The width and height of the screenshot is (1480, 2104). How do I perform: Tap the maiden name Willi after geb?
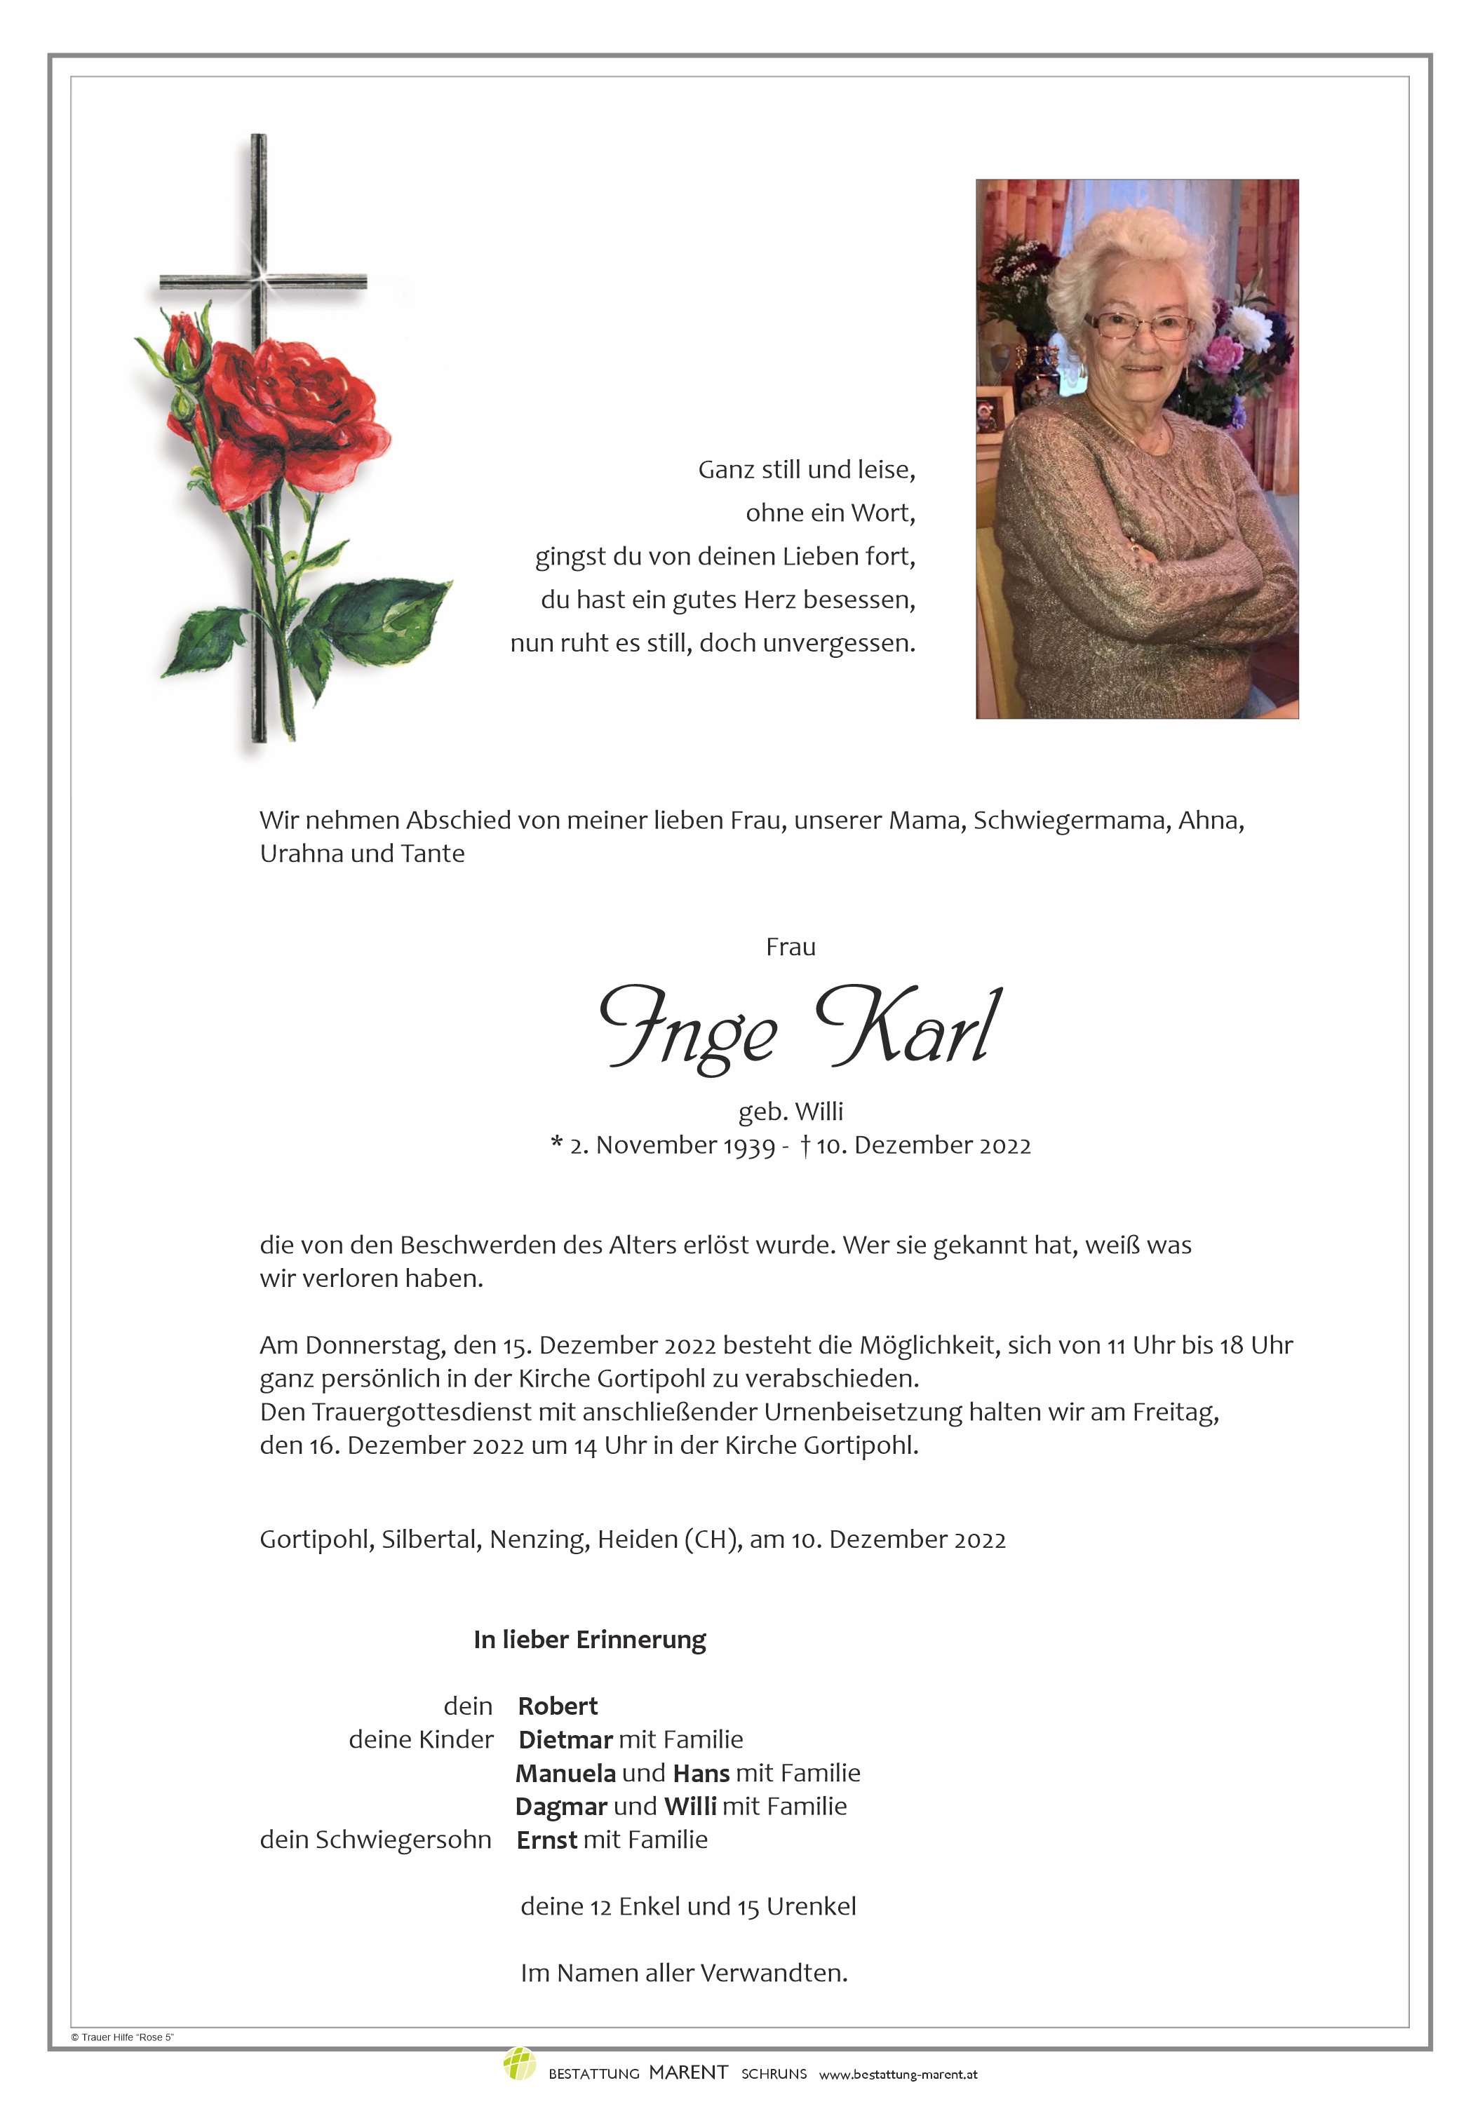[819, 1112]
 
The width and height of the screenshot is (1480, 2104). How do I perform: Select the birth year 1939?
[748, 1145]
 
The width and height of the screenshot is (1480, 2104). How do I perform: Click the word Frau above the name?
[790, 947]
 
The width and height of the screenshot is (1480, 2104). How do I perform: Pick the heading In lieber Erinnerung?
[589, 1640]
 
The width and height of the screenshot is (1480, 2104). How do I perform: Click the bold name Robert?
[557, 1706]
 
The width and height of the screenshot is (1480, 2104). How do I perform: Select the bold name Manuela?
[565, 1773]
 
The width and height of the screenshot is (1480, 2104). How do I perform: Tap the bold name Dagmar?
[561, 1806]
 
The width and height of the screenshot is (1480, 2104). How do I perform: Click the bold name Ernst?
[547, 1839]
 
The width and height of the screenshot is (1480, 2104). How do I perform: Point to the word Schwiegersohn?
[403, 1839]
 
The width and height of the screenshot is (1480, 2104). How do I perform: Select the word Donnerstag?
[375, 1345]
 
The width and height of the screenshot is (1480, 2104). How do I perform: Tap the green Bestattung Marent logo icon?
[518, 2064]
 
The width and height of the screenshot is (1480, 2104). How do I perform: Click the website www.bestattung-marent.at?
[897, 2074]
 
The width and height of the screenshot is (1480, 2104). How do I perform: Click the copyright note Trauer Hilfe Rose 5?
[123, 2037]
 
